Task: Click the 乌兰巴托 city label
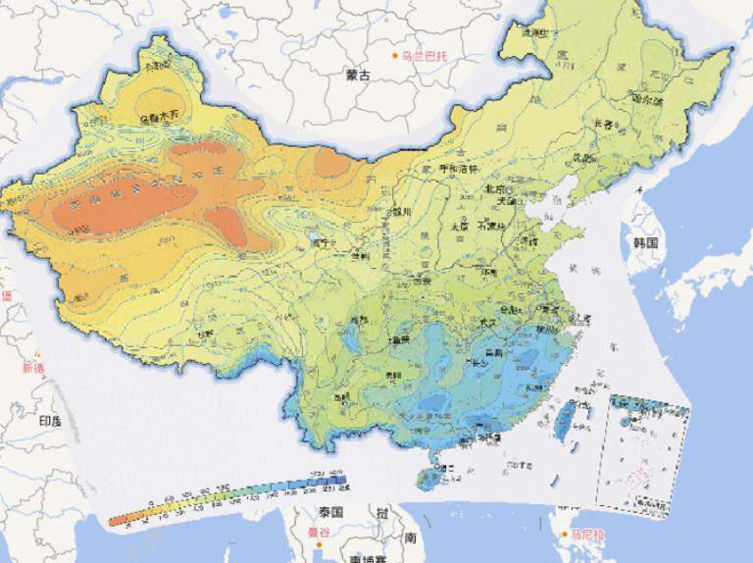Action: click(423, 56)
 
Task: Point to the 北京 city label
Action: click(494, 188)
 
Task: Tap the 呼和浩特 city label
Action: click(456, 169)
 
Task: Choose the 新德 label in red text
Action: click(33, 369)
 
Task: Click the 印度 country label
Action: click(49, 421)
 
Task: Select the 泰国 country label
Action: click(329, 512)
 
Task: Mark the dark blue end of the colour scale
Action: click(345, 482)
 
